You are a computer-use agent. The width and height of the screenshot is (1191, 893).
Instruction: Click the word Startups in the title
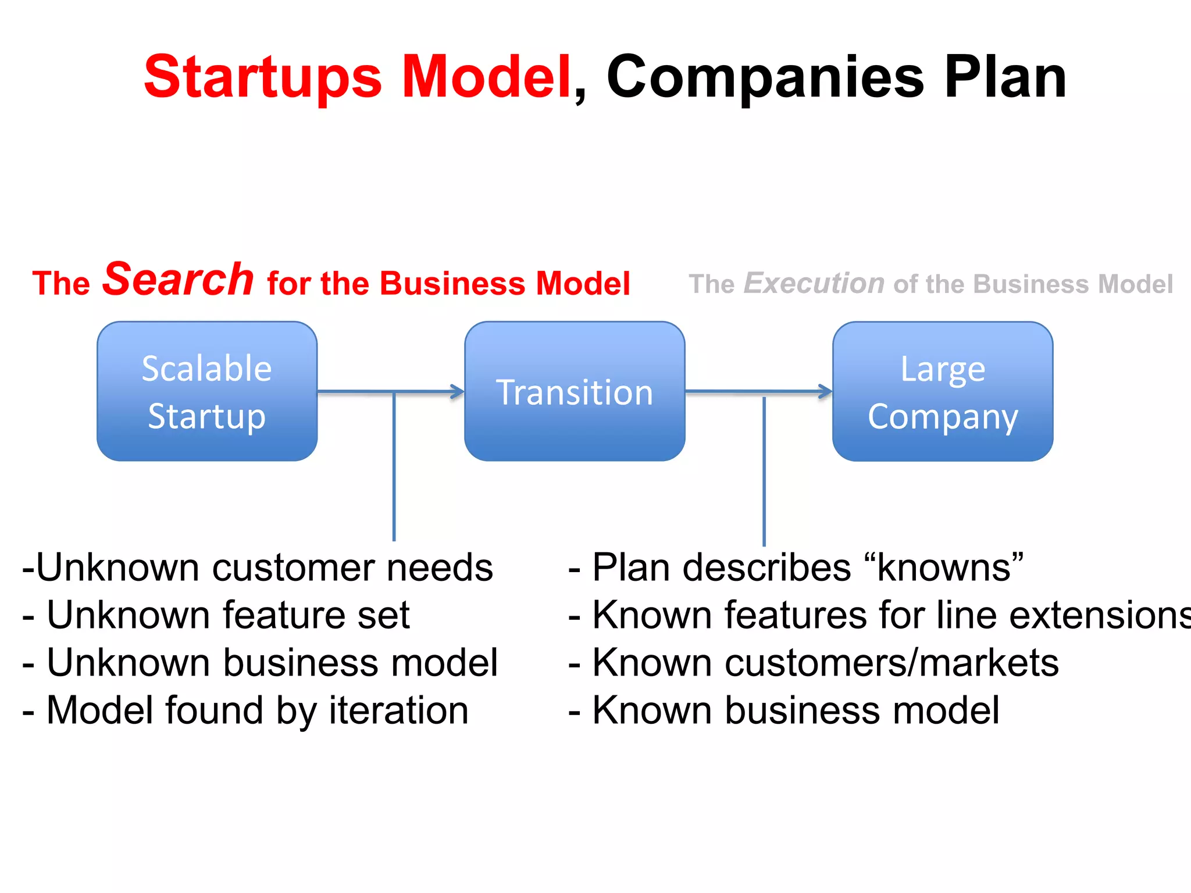pyautogui.click(x=263, y=77)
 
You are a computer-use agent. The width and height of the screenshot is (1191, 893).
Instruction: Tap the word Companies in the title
pyautogui.click(x=765, y=77)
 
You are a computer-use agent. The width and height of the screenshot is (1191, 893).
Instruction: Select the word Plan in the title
pyautogui.click(x=1005, y=77)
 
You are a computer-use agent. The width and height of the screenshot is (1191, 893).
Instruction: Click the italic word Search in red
pyautogui.click(x=178, y=280)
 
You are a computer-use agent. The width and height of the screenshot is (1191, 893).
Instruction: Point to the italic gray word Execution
pyautogui.click(x=814, y=284)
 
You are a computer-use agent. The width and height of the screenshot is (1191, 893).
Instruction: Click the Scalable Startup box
pyautogui.click(x=207, y=391)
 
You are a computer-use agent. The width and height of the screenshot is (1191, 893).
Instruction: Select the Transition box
pyautogui.click(x=575, y=391)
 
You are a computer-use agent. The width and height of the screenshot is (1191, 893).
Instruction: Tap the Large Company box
pyautogui.click(x=943, y=391)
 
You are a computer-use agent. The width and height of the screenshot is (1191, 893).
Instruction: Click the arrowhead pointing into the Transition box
pyautogui.click(x=458, y=392)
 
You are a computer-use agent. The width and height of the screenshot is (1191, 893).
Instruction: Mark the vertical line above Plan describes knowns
pyautogui.click(x=764, y=471)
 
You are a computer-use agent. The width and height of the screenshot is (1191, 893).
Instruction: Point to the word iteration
pyautogui.click(x=399, y=710)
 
